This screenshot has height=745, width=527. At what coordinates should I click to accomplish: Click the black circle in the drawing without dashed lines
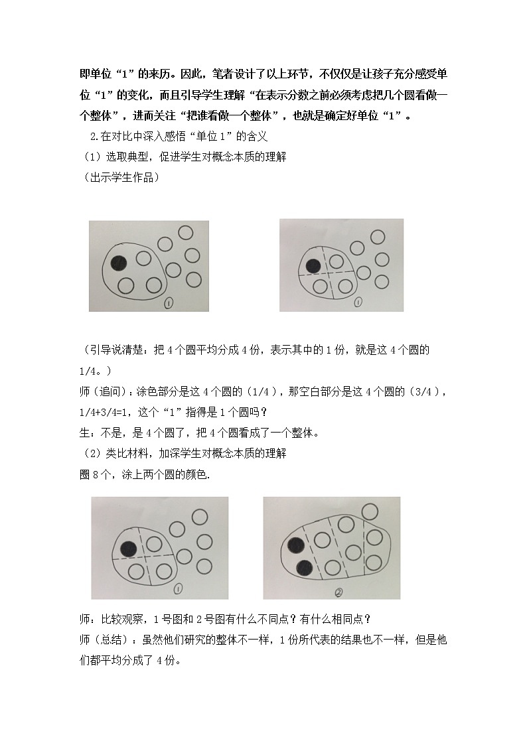tap(119, 263)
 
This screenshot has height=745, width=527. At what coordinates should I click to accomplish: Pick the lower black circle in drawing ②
tap(305, 568)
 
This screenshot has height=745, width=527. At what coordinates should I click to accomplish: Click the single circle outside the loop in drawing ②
tap(370, 511)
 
